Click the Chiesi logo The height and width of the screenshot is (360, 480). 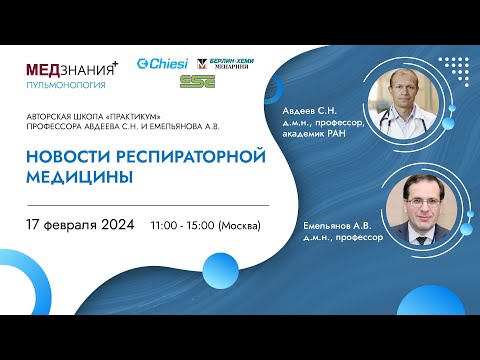[161, 64]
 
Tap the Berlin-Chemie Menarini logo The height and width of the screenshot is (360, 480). [226, 63]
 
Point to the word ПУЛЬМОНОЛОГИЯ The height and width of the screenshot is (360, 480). [65, 86]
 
